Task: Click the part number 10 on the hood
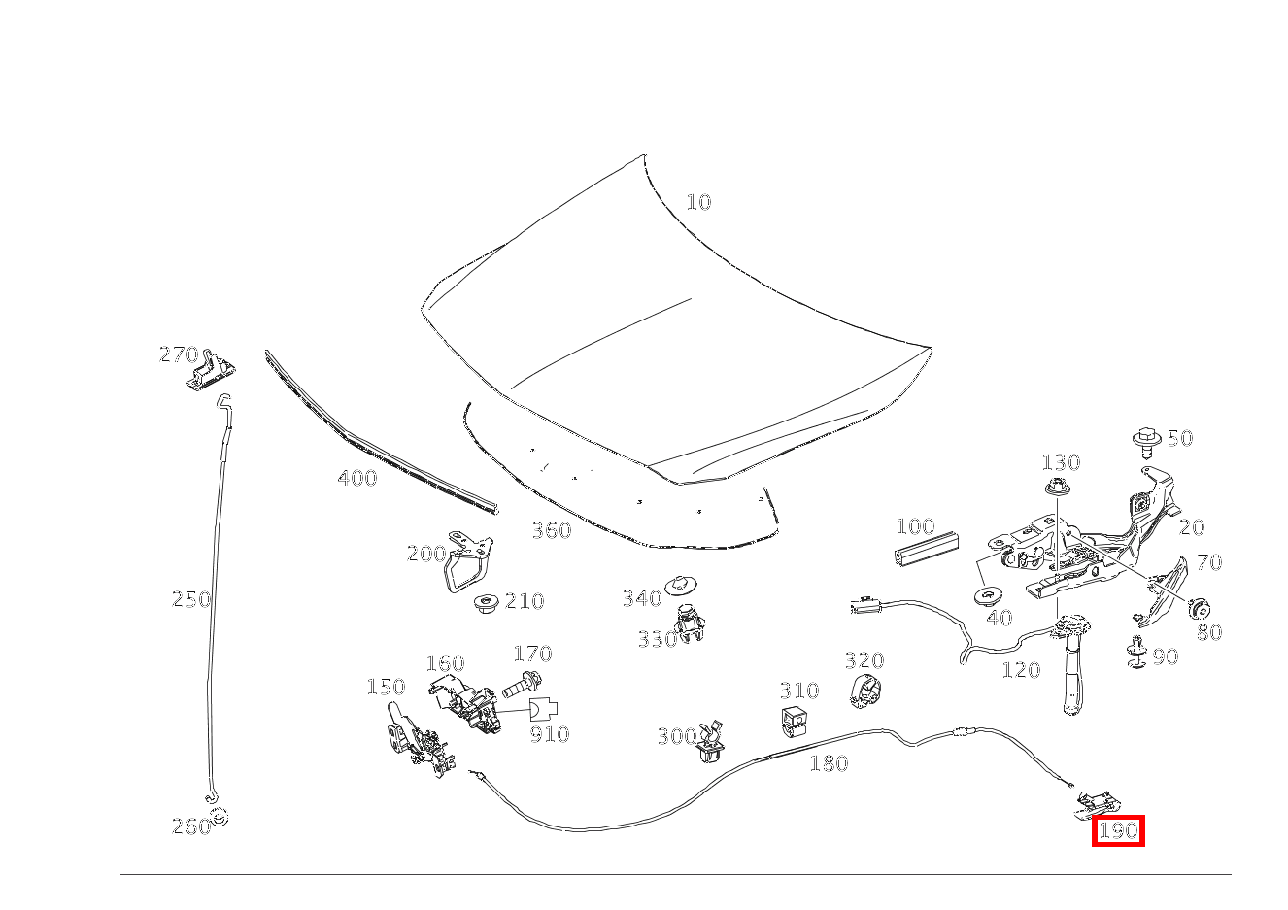698,202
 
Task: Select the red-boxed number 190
1118,831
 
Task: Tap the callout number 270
179,355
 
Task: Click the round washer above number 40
991,594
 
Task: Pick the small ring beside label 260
220,817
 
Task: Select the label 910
550,734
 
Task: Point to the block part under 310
796,722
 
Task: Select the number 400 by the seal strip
357,478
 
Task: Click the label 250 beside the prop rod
191,599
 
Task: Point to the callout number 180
829,764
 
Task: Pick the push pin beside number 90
1135,654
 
